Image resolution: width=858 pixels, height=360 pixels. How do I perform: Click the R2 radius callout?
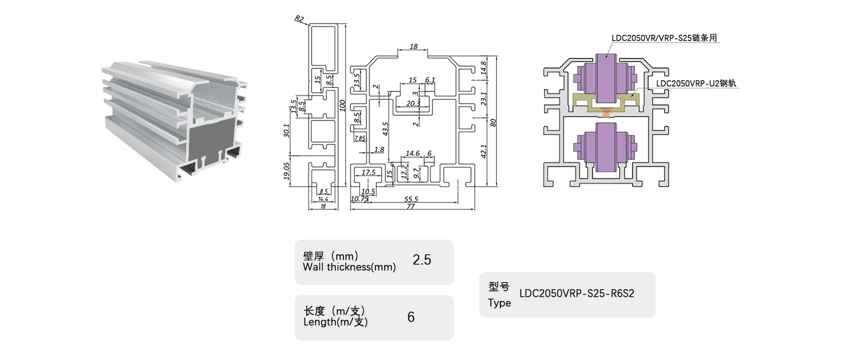point(299,19)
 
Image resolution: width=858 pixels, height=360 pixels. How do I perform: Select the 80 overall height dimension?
point(493,122)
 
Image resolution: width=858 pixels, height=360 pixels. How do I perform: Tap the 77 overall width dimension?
point(413,207)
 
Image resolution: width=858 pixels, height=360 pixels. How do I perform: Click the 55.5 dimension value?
point(411,199)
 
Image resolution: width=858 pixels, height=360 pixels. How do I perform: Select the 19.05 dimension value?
point(286,171)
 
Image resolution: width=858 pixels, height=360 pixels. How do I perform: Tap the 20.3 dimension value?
point(414,103)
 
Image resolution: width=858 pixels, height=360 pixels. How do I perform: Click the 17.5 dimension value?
point(368,172)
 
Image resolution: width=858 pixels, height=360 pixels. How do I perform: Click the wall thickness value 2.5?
point(422,260)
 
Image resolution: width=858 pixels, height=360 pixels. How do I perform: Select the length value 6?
point(411,317)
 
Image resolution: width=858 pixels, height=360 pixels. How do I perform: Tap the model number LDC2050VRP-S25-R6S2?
point(577,293)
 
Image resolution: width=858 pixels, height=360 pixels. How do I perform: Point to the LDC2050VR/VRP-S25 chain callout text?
point(667,38)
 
